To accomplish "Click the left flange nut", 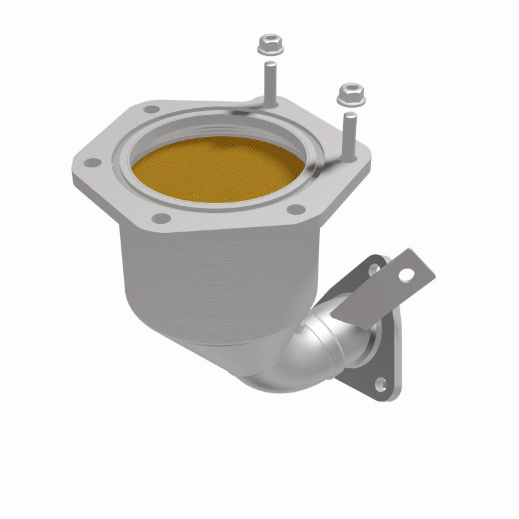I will click(267, 44).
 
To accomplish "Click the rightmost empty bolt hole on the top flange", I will click(298, 209).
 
